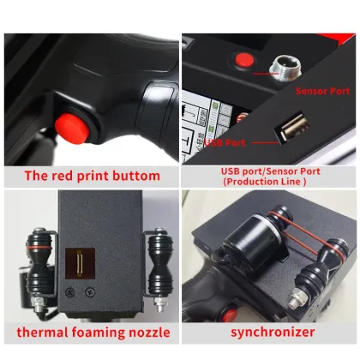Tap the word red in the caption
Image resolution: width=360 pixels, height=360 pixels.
click(x=69, y=177)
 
